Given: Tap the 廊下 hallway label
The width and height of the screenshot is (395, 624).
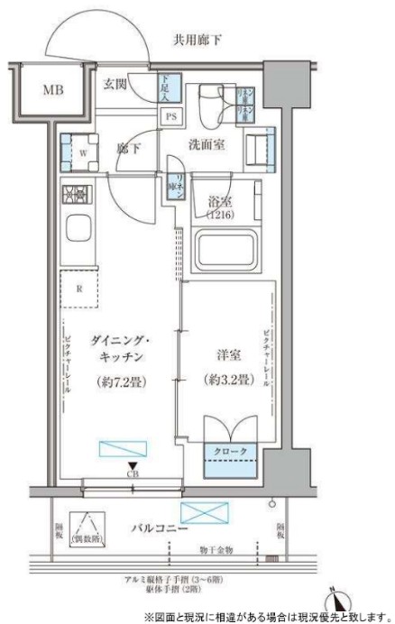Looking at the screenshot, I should click(x=128, y=151).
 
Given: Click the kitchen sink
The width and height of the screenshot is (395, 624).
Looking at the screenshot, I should click(x=78, y=230).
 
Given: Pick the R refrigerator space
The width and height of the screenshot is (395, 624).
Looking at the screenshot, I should click(x=79, y=289).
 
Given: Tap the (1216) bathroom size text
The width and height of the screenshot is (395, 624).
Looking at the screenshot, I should click(x=220, y=217).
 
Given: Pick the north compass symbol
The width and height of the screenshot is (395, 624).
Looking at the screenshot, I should click(x=339, y=600).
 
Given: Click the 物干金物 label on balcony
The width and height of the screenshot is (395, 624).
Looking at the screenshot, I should click(x=218, y=548).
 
